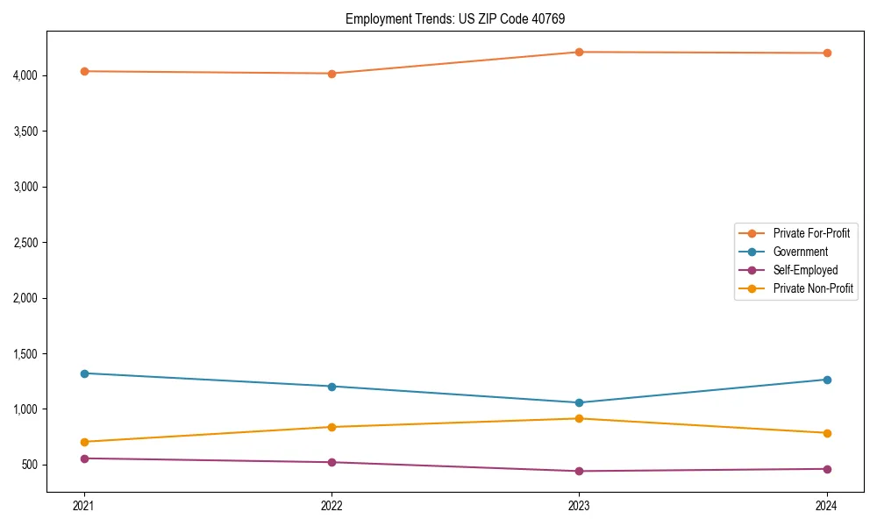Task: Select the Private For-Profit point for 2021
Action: [x=84, y=71]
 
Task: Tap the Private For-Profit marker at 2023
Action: [x=579, y=52]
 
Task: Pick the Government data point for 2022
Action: [x=332, y=387]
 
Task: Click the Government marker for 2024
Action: [x=826, y=380]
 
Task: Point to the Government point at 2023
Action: [x=579, y=403]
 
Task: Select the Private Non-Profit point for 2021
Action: [x=84, y=442]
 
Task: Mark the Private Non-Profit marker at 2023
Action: [x=579, y=418]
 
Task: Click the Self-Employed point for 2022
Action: [x=332, y=462]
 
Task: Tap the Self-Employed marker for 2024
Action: [x=826, y=469]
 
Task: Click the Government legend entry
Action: [x=800, y=252]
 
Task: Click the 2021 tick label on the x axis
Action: [x=84, y=506]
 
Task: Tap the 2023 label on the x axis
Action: [x=579, y=506]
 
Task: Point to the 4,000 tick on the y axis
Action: [x=26, y=75]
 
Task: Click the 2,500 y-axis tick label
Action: [x=26, y=243]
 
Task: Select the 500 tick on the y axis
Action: [x=32, y=465]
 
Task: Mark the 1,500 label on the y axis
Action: [x=26, y=354]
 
